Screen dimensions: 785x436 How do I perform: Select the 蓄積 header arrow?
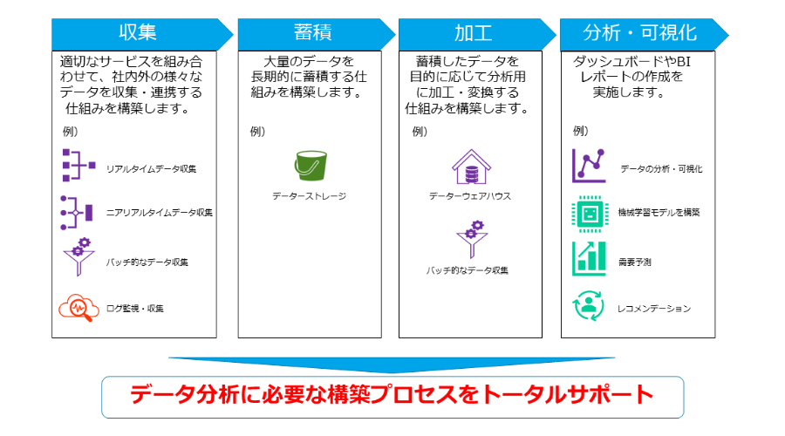(317, 34)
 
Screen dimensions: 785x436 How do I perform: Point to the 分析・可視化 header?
(644, 34)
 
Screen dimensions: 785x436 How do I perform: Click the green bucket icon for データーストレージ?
(311, 166)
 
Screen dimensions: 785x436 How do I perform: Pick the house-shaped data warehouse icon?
(471, 167)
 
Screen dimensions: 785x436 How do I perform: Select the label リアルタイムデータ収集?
(151, 169)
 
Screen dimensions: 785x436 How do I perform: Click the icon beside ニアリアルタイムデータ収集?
(77, 213)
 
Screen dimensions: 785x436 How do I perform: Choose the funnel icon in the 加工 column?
(472, 239)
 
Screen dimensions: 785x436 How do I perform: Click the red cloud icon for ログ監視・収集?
(78, 307)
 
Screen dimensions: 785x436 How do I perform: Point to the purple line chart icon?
(589, 166)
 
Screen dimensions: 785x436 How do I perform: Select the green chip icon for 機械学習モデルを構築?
(590, 214)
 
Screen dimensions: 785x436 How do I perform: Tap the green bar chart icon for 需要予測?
(590, 259)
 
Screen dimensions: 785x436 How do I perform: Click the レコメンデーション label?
(654, 309)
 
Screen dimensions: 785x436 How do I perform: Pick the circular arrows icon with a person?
(589, 306)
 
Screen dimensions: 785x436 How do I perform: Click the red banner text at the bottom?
(392, 395)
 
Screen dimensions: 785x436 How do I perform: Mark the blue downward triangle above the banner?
(392, 364)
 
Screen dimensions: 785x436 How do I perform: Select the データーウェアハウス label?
(470, 196)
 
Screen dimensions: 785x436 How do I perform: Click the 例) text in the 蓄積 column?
(257, 132)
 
